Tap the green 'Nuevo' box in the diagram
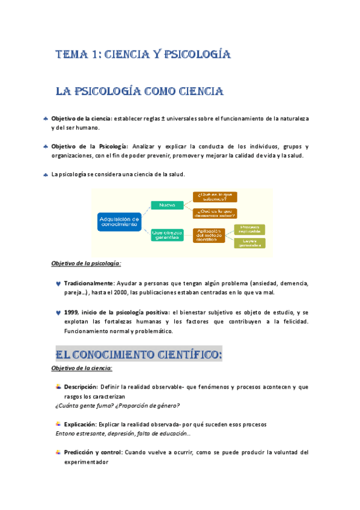167,205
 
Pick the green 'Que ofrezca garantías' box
167,234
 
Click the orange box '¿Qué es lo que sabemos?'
215,197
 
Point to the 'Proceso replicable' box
249,229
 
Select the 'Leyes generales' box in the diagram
249,243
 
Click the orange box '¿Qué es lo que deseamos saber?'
215,213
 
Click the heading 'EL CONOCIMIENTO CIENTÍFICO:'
139,354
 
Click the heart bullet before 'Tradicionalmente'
57,283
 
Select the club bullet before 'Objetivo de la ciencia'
45,118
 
